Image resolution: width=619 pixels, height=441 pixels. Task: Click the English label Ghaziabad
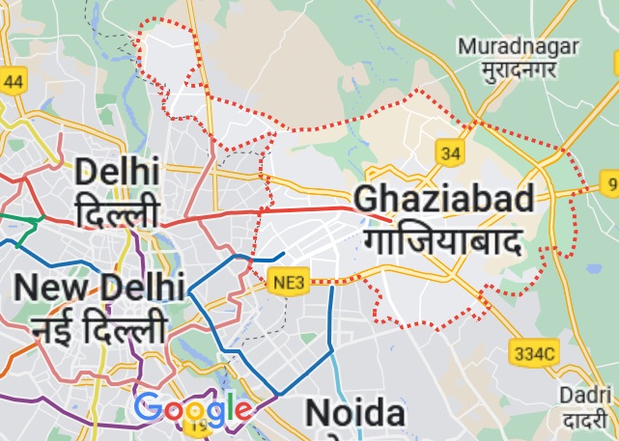click(443, 199)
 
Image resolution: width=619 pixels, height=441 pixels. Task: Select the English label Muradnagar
click(518, 45)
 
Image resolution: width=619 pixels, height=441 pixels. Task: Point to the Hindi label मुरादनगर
click(518, 71)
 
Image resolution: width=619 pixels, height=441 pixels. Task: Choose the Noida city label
click(354, 413)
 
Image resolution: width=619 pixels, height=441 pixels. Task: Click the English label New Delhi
click(98, 288)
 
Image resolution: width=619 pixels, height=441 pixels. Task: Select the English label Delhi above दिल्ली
click(116, 174)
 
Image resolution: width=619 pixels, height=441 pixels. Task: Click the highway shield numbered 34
click(449, 152)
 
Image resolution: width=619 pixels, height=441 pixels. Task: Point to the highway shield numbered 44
click(12, 81)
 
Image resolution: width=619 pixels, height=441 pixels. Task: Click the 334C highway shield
click(536, 354)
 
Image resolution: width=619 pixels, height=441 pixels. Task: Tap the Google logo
click(193, 410)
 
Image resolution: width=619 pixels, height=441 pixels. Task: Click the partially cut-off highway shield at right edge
click(610, 181)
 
